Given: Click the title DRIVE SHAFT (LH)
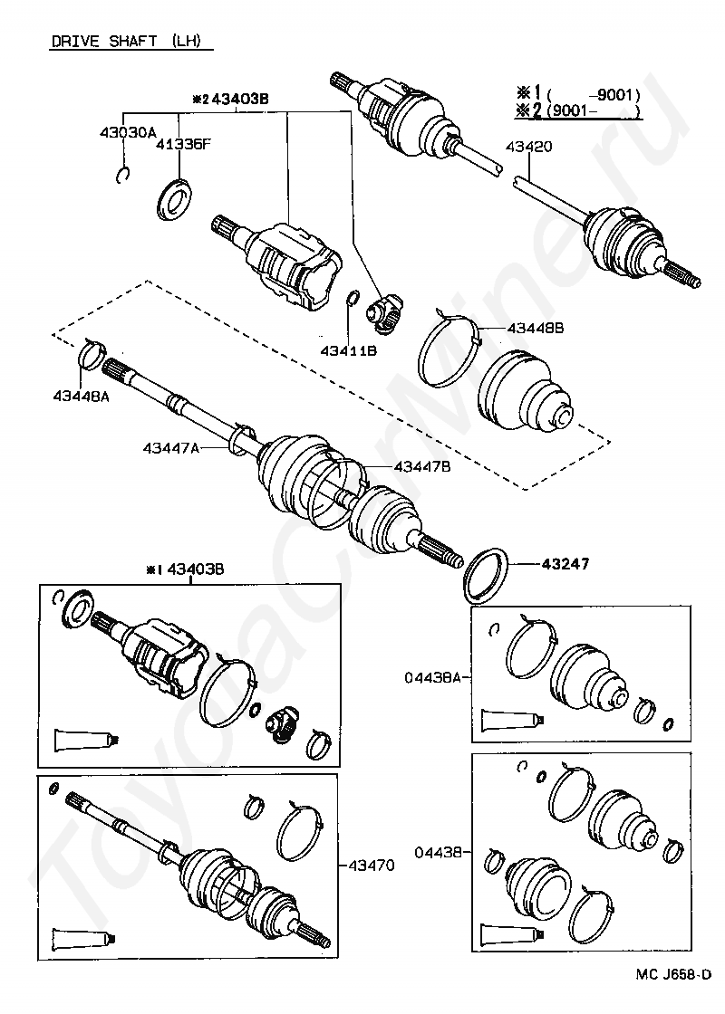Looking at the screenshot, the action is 126,41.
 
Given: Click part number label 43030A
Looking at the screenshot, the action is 128,132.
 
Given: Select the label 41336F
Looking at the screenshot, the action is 182,144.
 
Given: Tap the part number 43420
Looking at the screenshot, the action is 529,147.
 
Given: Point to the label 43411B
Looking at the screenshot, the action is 349,350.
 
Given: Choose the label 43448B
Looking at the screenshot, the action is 536,328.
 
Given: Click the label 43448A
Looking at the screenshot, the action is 81,396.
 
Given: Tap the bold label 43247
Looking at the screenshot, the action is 565,564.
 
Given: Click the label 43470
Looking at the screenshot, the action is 371,865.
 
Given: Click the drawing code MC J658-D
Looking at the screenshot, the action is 673,991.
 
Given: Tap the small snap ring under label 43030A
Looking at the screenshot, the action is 124,176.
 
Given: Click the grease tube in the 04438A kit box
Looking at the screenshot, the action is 513,719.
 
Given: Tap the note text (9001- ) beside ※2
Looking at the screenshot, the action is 594,110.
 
